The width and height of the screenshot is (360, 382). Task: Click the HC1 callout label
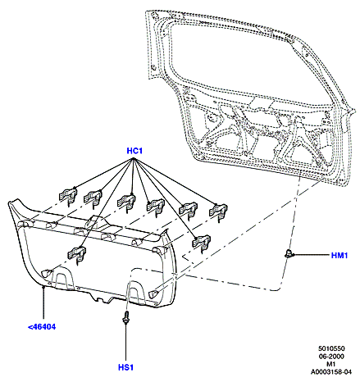pyautogui.click(x=134, y=151)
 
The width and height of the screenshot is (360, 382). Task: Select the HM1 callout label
pyautogui.click(x=339, y=256)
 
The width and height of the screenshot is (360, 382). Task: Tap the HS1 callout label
pyautogui.click(x=125, y=367)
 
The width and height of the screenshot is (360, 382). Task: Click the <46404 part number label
pyautogui.click(x=42, y=327)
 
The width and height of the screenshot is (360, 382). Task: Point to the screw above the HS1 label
pyautogui.click(x=126, y=317)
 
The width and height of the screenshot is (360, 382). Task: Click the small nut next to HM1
pyautogui.click(x=288, y=253)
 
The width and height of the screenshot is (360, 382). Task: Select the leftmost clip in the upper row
pyautogui.click(x=68, y=196)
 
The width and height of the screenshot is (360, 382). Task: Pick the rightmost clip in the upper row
pyautogui.click(x=218, y=211)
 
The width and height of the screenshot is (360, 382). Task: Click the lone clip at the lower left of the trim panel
pyautogui.click(x=76, y=254)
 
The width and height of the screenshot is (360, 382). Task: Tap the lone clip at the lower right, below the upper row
pyautogui.click(x=201, y=243)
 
